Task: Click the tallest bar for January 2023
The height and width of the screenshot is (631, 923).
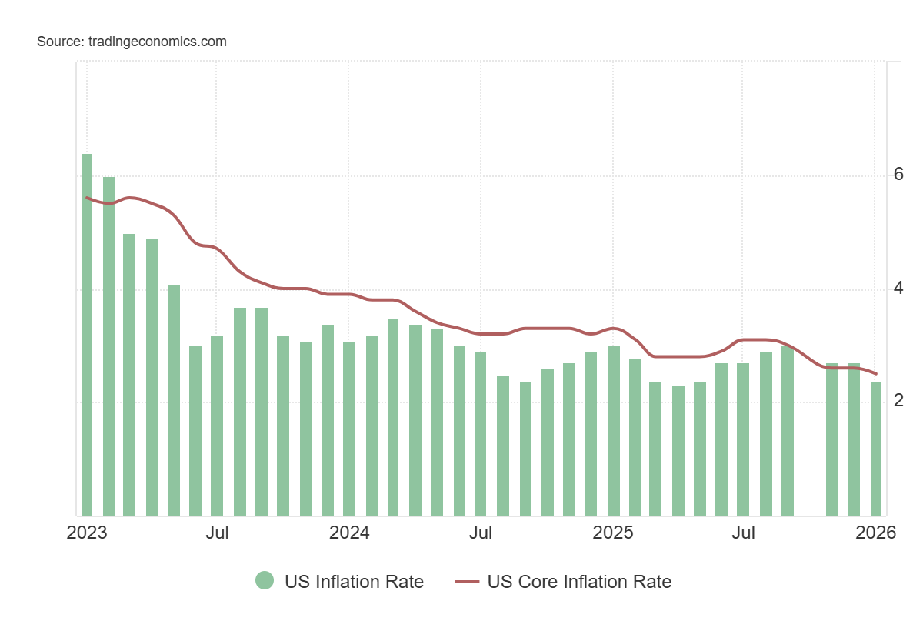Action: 87,335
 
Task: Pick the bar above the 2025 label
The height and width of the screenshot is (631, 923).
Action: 614,431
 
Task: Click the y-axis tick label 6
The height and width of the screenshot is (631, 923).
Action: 898,175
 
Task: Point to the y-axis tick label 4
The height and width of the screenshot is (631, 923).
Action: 898,289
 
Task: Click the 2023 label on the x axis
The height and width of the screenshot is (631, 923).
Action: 87,533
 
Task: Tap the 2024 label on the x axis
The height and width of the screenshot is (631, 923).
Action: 349,533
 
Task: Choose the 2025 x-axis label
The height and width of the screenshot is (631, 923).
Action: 613,533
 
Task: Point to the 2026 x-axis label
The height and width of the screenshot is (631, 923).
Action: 875,533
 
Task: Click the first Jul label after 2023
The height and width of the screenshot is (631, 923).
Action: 218,533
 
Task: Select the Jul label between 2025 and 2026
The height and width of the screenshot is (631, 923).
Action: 744,533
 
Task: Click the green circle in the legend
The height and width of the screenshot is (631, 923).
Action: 265,581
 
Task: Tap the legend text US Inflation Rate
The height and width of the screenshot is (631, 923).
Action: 354,582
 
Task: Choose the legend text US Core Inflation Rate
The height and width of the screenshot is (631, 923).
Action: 579,582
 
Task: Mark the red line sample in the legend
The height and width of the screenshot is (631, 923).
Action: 466,582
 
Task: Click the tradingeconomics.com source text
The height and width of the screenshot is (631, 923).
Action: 132,42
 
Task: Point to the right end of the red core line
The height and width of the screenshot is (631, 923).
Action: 876,374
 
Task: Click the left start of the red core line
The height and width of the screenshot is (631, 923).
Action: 87,198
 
